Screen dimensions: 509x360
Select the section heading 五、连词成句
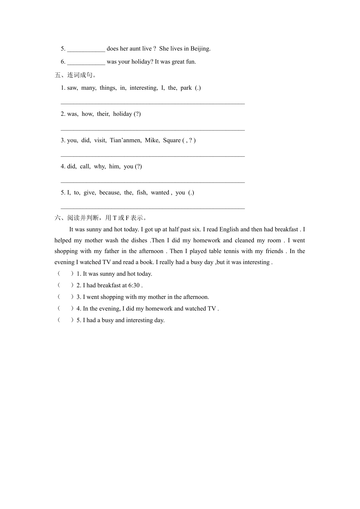(75, 75)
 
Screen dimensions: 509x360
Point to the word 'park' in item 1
(186, 88)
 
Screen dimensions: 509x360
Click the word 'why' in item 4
(100, 167)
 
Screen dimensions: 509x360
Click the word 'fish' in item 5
(142, 193)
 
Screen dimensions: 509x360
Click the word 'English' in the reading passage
(229, 230)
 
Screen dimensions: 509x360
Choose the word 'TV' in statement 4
(212, 309)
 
